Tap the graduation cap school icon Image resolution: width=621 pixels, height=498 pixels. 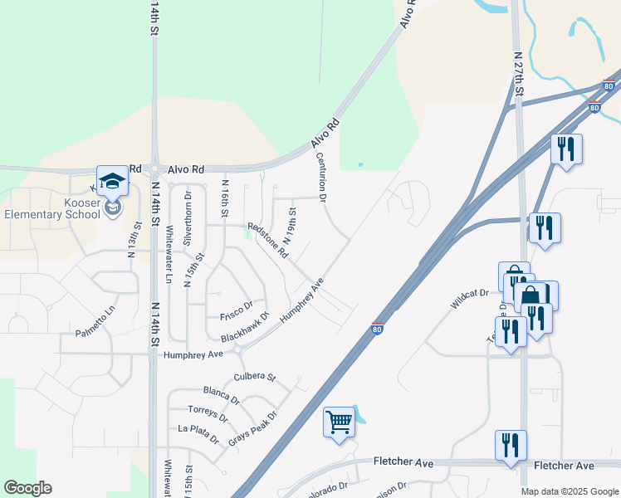pos(112,180)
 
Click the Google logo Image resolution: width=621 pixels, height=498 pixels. pos(27,488)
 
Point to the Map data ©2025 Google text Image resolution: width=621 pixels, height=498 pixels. pos(569,491)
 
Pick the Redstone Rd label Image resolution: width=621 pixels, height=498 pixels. pos(268,239)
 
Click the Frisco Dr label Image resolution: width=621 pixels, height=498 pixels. pos(236,316)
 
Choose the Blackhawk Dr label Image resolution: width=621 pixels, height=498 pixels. pos(246,328)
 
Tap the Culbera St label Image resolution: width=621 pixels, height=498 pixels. pos(255,376)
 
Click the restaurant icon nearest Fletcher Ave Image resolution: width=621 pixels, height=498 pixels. pos(510,445)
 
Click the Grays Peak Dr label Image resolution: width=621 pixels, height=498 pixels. pos(252,427)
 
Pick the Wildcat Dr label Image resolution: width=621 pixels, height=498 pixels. pos(470,299)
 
